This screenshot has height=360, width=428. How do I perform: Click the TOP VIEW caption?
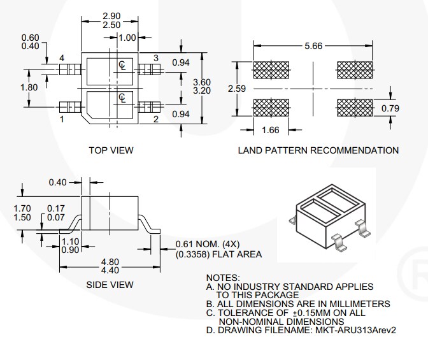(x=111, y=150)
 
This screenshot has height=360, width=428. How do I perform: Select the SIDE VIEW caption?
(x=110, y=285)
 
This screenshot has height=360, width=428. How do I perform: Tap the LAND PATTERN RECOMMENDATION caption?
(x=318, y=150)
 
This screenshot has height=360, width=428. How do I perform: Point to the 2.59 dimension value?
(x=236, y=89)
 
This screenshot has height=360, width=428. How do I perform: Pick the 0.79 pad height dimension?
(x=390, y=108)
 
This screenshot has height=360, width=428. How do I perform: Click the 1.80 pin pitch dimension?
(x=29, y=87)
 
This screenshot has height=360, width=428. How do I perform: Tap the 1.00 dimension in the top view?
(x=127, y=38)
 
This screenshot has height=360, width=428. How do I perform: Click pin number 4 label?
(x=62, y=59)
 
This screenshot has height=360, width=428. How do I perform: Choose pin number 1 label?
(x=62, y=119)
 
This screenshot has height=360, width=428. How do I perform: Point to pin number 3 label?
(x=155, y=59)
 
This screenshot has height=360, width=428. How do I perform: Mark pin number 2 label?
(x=155, y=119)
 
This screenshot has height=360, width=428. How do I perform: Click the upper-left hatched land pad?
(x=271, y=69)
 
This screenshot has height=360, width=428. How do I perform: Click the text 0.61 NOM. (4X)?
(x=207, y=244)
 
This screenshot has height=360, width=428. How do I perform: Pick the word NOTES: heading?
(x=223, y=278)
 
